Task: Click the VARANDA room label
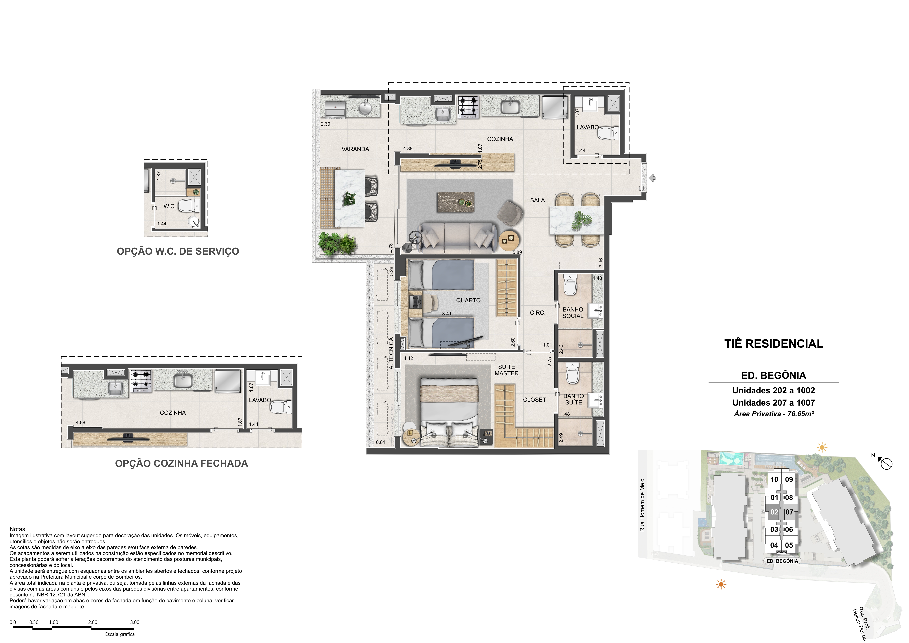click(x=355, y=149)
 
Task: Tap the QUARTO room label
click(x=468, y=300)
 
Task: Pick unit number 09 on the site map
click(x=789, y=479)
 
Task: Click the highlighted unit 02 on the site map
click(x=774, y=512)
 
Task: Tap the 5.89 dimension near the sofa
click(x=517, y=252)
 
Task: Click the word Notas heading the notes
click(x=18, y=529)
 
